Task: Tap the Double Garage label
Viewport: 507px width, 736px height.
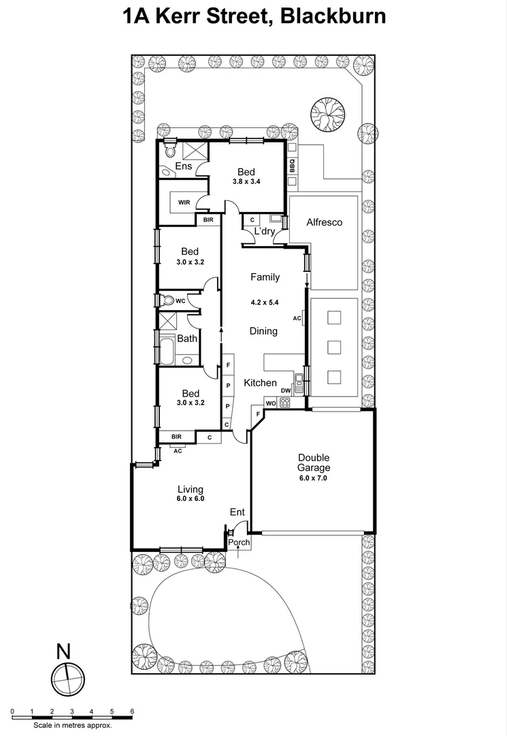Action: coord(313,463)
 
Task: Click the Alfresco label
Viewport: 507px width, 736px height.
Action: coord(324,222)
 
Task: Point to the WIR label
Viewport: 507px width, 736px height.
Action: coord(184,202)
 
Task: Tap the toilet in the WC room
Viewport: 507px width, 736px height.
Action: coord(167,300)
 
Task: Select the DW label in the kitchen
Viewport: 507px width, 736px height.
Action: coord(286,391)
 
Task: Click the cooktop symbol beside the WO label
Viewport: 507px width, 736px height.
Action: coord(285,402)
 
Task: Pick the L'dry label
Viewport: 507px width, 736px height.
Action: coord(264,232)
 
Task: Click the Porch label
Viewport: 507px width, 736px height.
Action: coord(239,542)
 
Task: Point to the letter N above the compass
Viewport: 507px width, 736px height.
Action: coord(63,651)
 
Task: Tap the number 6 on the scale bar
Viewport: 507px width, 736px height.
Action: coord(131,711)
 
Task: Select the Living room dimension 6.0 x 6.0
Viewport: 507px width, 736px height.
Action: coord(191,498)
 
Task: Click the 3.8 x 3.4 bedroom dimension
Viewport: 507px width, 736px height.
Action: coord(246,182)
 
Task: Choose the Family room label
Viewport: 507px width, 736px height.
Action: coord(265,277)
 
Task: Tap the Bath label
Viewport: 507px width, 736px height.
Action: coord(187,338)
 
